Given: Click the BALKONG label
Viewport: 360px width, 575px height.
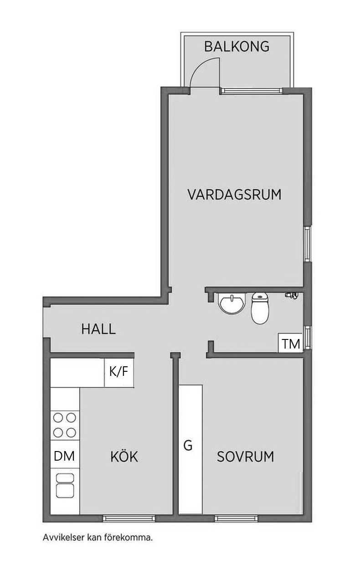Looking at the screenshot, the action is click(237, 47).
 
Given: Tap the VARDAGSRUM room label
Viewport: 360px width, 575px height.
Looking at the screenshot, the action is click(234, 195).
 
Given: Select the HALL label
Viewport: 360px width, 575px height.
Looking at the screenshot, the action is click(98, 329).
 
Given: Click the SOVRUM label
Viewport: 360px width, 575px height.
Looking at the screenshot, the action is click(246, 457).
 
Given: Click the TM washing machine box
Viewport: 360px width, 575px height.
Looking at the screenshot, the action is click(291, 344).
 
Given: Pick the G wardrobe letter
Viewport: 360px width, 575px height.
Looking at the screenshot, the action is click(188, 446).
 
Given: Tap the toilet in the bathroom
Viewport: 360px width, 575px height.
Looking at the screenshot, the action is click(260, 308).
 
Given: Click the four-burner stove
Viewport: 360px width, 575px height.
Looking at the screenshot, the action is click(65, 426).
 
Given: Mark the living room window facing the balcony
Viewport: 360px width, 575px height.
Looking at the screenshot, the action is click(252, 90).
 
